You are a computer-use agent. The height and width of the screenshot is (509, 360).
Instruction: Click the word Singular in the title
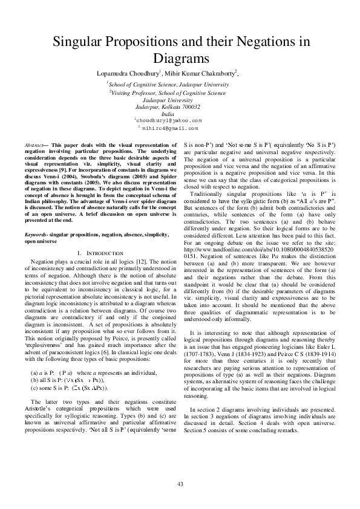79,43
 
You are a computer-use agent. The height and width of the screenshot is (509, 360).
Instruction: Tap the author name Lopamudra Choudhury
128,73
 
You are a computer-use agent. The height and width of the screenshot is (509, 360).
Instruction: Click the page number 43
180,484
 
